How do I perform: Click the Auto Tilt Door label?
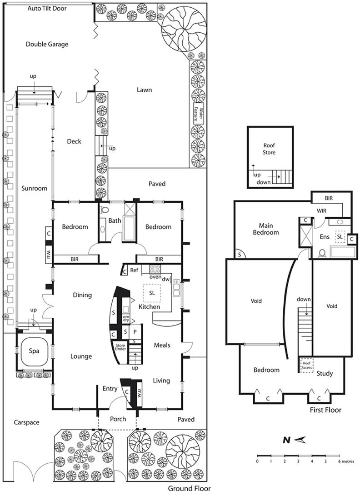pos(46,9)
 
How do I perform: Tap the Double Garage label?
pos(47,44)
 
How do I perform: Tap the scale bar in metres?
pos(298,455)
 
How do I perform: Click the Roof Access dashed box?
pos(306,366)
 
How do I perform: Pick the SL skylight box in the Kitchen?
pos(152,293)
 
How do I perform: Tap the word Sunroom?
pos(34,188)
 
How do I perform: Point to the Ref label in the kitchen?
pos(134,270)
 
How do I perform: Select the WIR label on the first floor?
pos(323,210)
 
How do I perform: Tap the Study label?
pos(325,374)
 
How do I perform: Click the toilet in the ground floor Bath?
pos(104,210)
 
